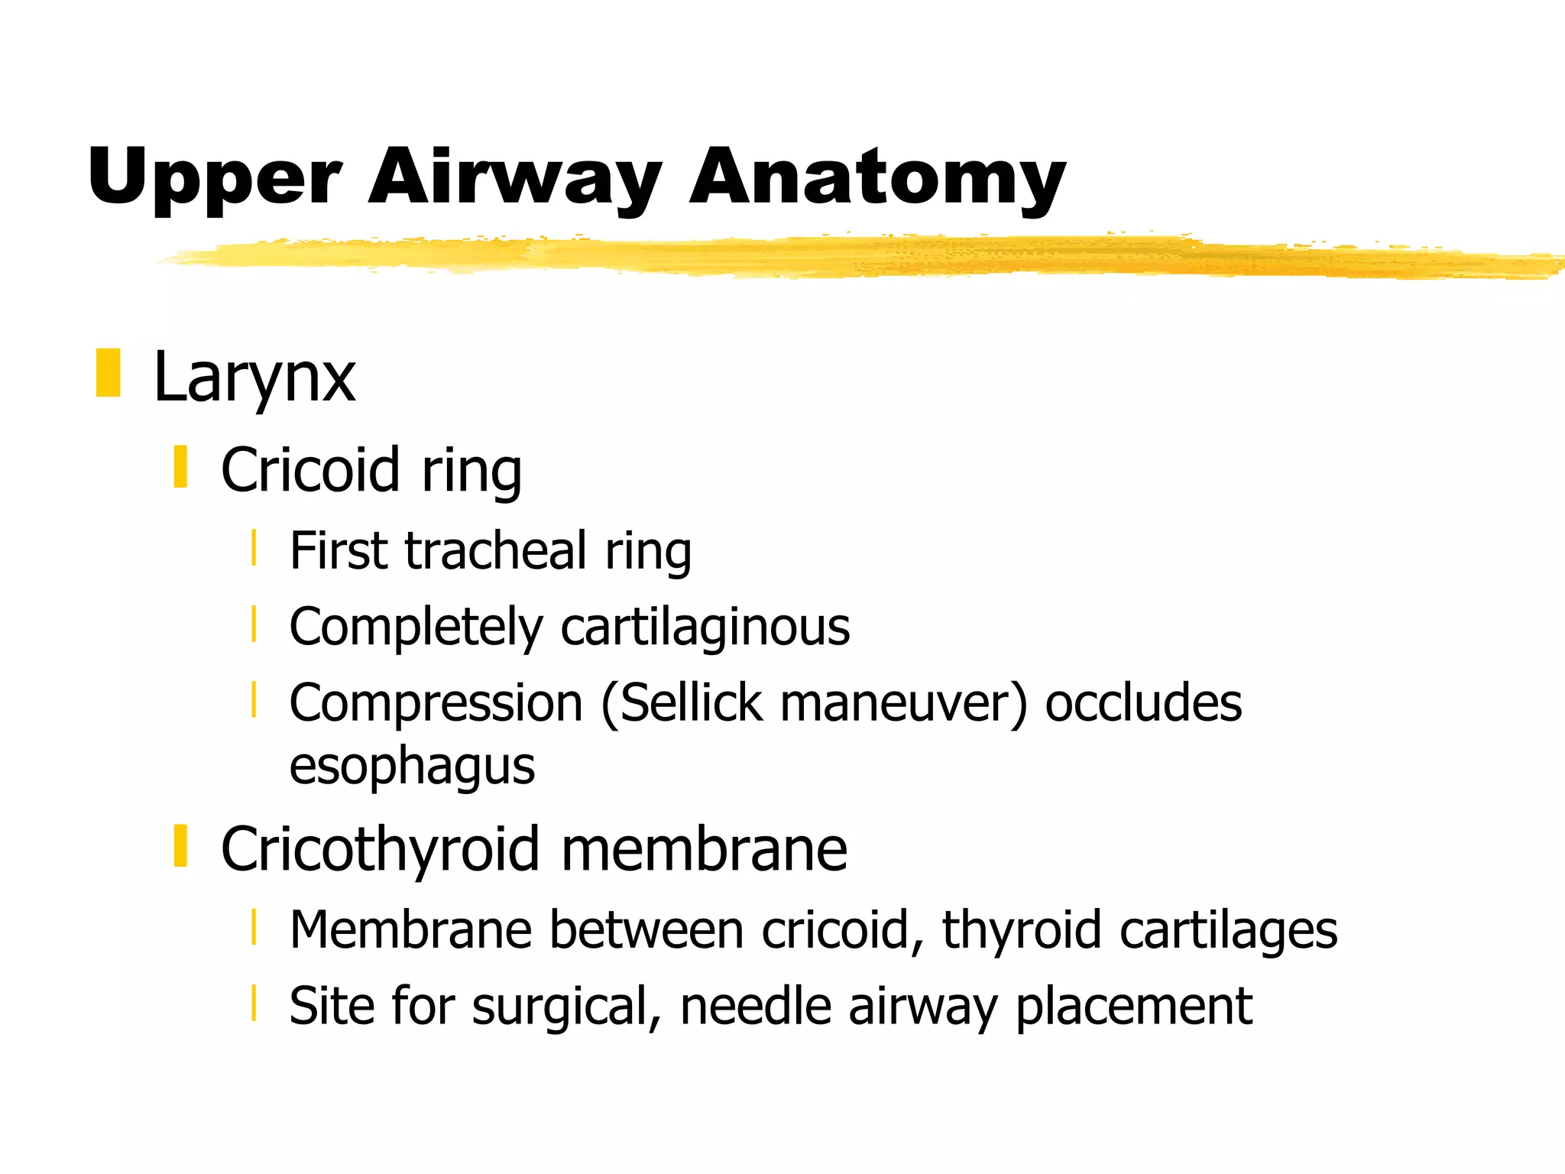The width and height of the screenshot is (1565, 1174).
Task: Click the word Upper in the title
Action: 214,177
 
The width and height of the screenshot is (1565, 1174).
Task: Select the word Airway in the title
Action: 514,177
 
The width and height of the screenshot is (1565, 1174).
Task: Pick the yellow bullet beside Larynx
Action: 109,373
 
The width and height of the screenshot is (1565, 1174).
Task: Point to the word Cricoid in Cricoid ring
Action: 310,469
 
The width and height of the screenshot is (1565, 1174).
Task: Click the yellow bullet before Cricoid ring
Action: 180,467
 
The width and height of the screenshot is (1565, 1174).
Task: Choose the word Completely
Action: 415,628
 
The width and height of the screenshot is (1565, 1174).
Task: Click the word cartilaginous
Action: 705,628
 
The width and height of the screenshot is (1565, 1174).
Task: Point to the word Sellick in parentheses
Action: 691,703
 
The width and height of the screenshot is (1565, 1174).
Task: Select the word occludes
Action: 1143,703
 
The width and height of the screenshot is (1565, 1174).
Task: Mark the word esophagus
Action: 412,767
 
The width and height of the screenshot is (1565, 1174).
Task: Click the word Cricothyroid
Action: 380,849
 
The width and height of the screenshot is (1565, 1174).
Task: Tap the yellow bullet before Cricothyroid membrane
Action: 180,846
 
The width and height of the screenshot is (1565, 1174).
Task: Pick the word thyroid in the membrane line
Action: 1022,930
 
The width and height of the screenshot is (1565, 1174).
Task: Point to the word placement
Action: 1134,1007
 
